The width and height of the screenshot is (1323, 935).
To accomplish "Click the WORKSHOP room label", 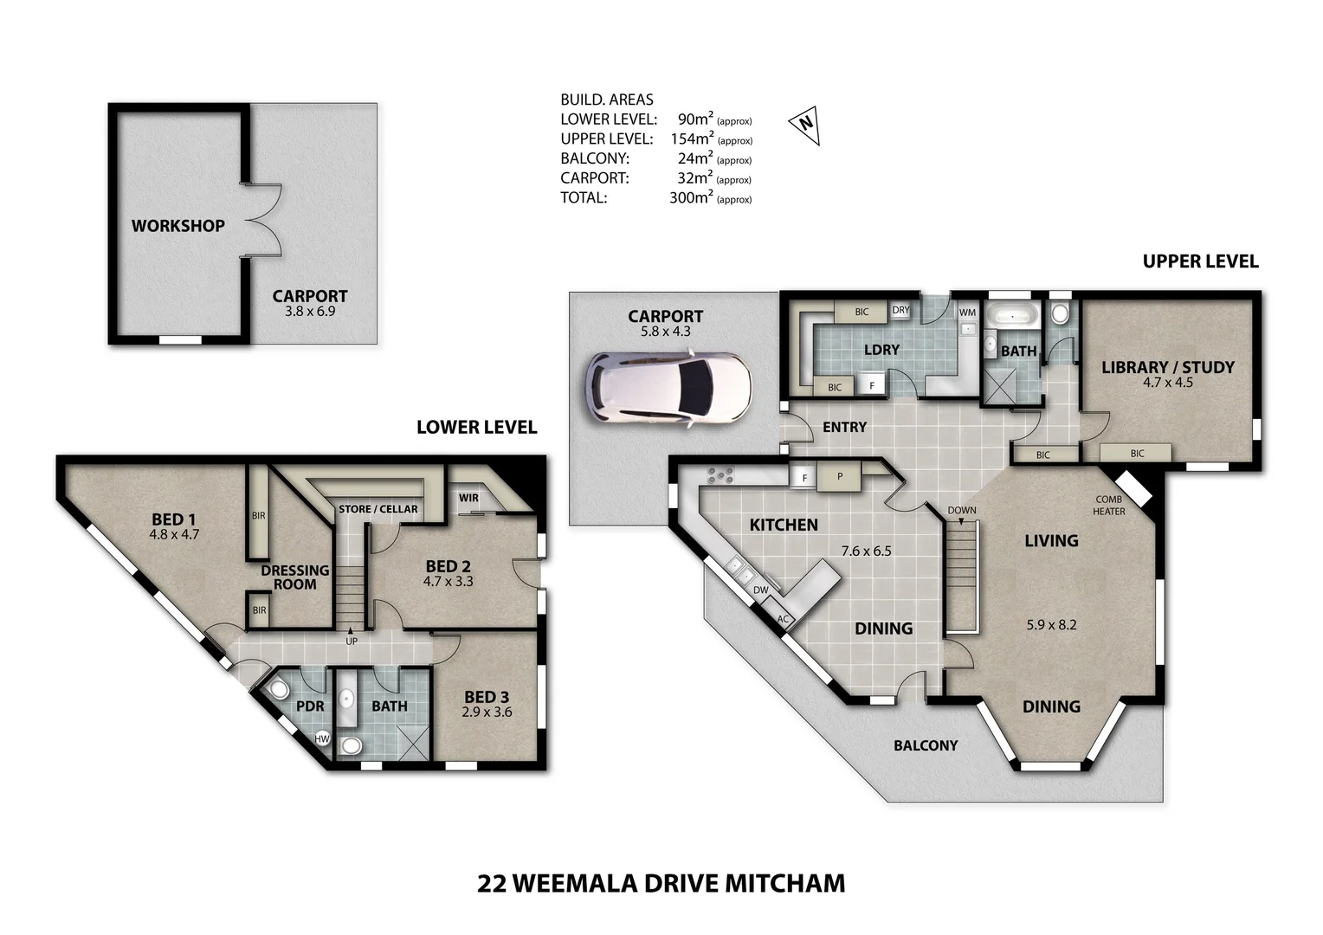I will [177, 226].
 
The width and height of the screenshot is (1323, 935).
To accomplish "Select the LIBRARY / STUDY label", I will [1167, 367].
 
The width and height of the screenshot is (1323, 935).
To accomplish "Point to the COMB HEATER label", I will [1108, 506].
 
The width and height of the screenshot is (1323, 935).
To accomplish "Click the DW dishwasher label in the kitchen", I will [760, 590].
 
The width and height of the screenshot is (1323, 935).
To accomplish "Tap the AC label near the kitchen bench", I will [784, 619].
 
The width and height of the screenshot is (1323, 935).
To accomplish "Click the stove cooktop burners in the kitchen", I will [720, 475].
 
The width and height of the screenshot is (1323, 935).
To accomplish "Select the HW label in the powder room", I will [322, 738].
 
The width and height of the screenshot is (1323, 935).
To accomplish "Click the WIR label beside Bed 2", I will [468, 498].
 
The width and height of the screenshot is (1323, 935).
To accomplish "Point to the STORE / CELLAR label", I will [378, 509].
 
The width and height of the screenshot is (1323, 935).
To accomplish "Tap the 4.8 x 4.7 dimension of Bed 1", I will [174, 535].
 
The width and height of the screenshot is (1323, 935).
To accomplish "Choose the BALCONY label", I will [926, 745].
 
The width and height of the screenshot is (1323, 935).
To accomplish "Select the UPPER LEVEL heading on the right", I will [1200, 261].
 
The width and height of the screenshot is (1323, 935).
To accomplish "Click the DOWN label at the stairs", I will [961, 510].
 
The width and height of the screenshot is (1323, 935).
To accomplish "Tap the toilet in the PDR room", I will [279, 691].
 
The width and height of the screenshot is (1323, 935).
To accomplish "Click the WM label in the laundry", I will [967, 312].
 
